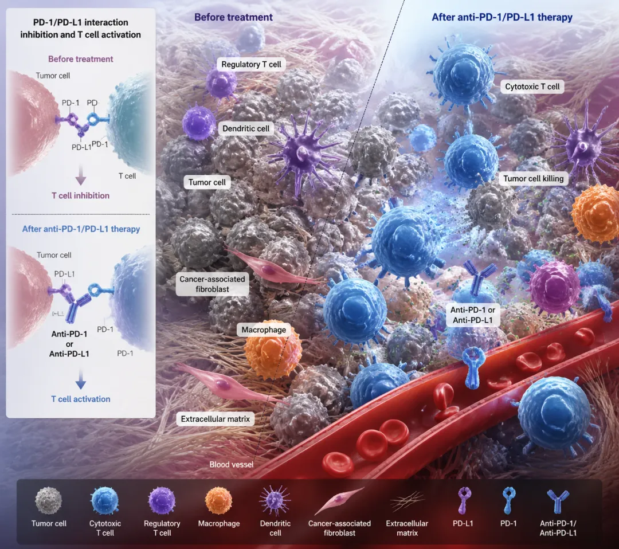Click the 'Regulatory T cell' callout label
coord(250,64)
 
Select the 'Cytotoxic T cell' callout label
coord(532,87)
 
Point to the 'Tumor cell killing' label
coord(533,179)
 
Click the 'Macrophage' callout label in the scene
coord(264,330)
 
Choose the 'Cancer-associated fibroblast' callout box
coord(212,284)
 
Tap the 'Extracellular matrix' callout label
coord(216,419)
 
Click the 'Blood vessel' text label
coord(231,465)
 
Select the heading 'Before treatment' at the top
coord(233,17)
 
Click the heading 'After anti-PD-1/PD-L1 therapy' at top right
coord(502,17)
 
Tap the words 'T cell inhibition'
coord(81,195)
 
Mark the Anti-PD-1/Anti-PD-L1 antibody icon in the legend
coord(558,501)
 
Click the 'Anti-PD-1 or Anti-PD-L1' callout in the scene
coord(468,315)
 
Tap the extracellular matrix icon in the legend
coord(407,502)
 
